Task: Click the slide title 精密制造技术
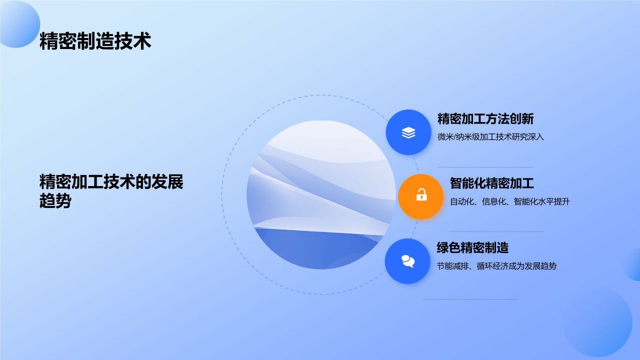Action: (95, 41)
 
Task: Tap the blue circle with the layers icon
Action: (408, 132)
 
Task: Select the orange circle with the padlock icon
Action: (421, 196)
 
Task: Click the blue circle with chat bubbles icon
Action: (408, 261)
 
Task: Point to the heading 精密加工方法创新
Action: (485, 119)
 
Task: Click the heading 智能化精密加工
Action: (492, 183)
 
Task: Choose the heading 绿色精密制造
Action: (472, 247)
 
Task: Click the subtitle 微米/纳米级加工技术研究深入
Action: (490, 136)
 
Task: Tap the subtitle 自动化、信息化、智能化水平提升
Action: (510, 201)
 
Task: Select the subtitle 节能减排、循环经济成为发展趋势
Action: (496, 266)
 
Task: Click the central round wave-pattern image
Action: (321, 195)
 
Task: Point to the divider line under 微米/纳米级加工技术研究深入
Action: (485, 167)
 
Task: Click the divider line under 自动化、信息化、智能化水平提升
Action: (496, 231)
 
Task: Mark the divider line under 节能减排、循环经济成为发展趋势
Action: (470, 299)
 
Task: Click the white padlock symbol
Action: (421, 195)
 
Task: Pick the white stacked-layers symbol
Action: (408, 132)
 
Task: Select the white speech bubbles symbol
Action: (408, 260)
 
